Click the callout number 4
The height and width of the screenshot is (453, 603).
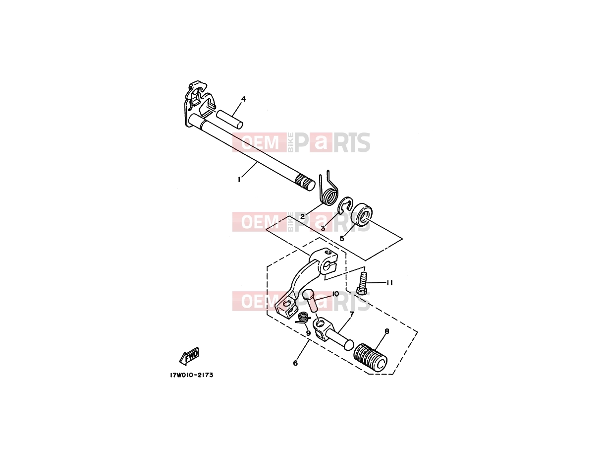243,99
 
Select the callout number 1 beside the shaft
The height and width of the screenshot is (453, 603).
239,180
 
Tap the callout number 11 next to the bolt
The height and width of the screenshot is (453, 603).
389,282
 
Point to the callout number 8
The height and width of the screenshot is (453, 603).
387,332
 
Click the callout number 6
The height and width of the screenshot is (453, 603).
295,363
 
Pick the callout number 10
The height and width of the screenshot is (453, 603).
335,294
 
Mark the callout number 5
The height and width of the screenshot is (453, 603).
342,239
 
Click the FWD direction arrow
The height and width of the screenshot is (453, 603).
189,356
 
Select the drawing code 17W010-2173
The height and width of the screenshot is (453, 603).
191,375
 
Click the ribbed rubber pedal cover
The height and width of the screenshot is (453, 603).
371,358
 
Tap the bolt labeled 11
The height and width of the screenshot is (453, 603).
362,283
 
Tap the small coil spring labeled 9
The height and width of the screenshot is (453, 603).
303,318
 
